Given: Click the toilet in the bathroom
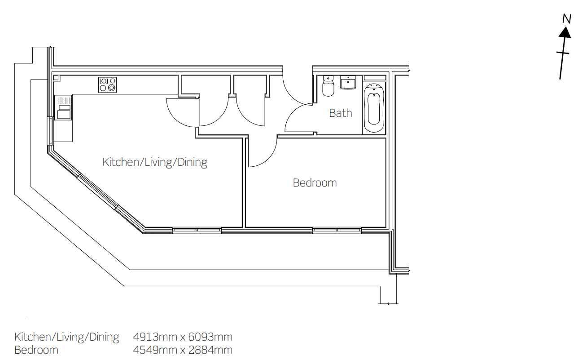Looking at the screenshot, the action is pyautogui.click(x=328, y=86).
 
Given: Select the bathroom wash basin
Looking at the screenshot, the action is pyautogui.click(x=348, y=82).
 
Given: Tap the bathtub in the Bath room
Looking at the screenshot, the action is pyautogui.click(x=374, y=108).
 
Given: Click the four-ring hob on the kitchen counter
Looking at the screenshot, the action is pyautogui.click(x=107, y=85).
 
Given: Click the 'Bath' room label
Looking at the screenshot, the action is pyautogui.click(x=341, y=113).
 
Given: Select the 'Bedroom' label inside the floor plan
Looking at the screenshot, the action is pyautogui.click(x=315, y=183).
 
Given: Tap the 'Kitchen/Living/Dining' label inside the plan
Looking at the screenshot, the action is pyautogui.click(x=155, y=162).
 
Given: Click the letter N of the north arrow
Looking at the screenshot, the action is pyautogui.click(x=567, y=19).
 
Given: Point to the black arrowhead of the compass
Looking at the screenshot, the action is pyautogui.click(x=565, y=32).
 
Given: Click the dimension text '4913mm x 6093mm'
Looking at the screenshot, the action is pyautogui.click(x=183, y=337).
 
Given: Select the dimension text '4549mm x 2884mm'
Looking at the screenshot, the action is pyautogui.click(x=183, y=350).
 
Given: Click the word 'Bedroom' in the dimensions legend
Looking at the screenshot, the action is pyautogui.click(x=36, y=350).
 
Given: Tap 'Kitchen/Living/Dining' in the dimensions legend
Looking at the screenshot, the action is pyautogui.click(x=67, y=337).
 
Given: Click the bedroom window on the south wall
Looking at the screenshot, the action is pyautogui.click(x=337, y=230).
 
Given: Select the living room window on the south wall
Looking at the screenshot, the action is pyautogui.click(x=197, y=230).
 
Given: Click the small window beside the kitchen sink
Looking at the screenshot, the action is pyautogui.click(x=50, y=131).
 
